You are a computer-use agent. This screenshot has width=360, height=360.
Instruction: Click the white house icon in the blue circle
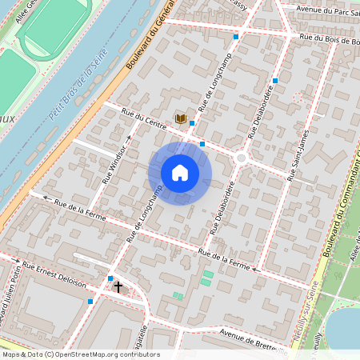click(x=180, y=173)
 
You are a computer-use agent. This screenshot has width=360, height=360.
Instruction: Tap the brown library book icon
click(x=181, y=119)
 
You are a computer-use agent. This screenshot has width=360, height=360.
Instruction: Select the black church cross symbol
click(x=118, y=286)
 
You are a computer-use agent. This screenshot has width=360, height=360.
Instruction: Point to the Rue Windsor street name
click(x=115, y=164)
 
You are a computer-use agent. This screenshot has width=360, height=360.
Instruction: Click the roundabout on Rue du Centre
click(x=241, y=158)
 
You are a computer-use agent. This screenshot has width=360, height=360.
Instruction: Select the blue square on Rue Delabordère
click(x=274, y=81)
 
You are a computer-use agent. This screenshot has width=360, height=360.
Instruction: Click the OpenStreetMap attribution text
click(x=80, y=354)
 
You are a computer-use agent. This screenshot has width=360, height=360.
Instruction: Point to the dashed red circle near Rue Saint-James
click(x=298, y=97)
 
